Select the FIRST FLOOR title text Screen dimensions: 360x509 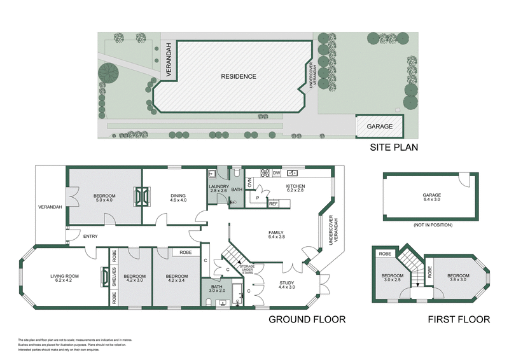tap(459, 319)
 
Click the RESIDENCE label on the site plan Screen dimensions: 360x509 tap(239, 77)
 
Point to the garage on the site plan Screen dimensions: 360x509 tap(380, 126)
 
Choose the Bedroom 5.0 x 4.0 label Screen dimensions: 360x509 tap(105, 198)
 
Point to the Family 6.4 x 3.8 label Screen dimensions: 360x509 tap(276, 235)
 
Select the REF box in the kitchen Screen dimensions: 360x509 tap(274, 204)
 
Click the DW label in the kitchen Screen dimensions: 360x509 tap(276, 172)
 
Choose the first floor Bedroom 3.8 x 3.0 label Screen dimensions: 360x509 tap(457, 277)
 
